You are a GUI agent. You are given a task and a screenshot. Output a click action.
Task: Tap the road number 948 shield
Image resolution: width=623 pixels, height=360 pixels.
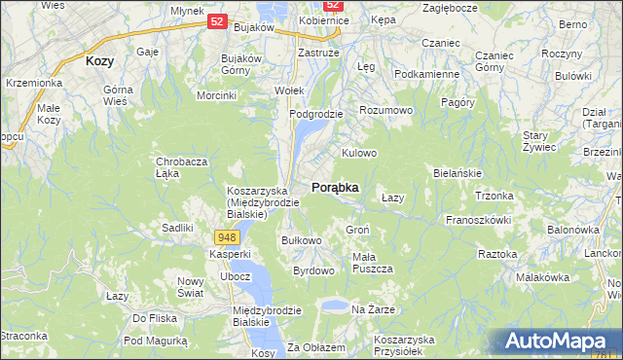pos(226,237)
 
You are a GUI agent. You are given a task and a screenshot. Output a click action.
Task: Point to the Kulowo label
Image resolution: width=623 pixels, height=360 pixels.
pos(358,154)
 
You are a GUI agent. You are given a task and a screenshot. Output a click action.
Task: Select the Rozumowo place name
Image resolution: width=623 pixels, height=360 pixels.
pos(386,111)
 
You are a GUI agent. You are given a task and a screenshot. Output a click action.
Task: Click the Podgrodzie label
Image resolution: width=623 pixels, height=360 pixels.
pos(316,114)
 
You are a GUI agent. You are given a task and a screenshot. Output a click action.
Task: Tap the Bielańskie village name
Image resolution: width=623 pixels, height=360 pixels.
pos(458,173)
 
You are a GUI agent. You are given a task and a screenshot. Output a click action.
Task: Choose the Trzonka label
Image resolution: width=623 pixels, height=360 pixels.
pos(494,196)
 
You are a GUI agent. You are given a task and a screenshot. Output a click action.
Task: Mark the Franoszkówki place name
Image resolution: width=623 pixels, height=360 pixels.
pos(479,220)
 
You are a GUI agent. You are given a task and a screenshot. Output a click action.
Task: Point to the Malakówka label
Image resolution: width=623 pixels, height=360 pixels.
pos(542,277)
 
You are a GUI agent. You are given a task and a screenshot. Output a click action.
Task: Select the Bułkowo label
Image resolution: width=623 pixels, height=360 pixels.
pos(301,240)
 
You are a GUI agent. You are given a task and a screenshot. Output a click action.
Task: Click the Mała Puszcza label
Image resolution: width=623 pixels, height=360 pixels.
pos(371,263)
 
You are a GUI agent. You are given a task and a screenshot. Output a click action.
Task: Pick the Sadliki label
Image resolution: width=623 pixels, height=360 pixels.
pos(177,228)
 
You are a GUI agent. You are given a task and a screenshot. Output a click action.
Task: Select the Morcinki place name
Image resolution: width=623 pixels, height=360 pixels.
pos(217,95)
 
